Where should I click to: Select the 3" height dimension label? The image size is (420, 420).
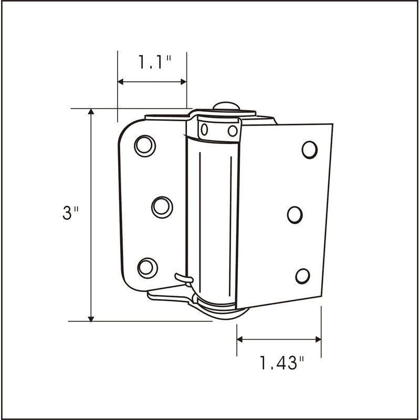click(70, 214)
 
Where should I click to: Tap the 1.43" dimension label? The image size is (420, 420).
click(282, 362)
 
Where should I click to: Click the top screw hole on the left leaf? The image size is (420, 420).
click(145, 145)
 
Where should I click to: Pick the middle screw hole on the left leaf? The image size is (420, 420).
click(162, 206)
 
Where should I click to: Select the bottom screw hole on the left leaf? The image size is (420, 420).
click(147, 267)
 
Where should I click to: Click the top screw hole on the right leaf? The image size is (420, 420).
click(310, 150)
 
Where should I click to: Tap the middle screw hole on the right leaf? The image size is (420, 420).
click(295, 214)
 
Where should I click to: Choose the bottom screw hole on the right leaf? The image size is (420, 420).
click(302, 275)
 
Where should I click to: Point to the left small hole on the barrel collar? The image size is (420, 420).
click(205, 129)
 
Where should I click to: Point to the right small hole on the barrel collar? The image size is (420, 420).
click(232, 130)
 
